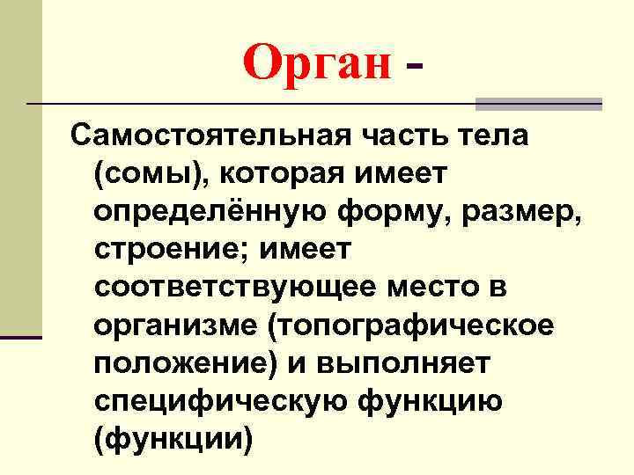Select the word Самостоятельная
[198, 136]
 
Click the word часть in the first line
[381, 136]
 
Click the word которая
[280, 175]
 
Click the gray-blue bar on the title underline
[538, 104]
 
